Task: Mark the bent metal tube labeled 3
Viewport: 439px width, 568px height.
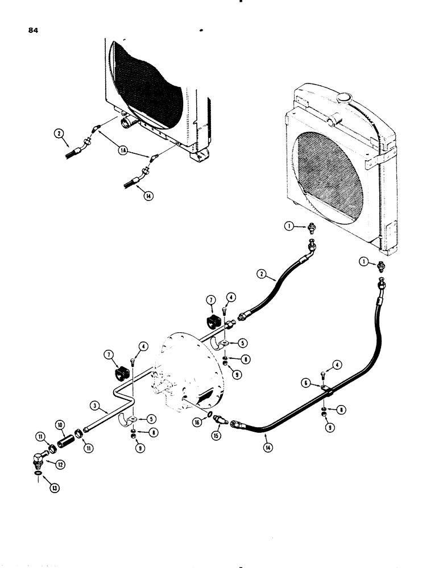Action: [x=114, y=398]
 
